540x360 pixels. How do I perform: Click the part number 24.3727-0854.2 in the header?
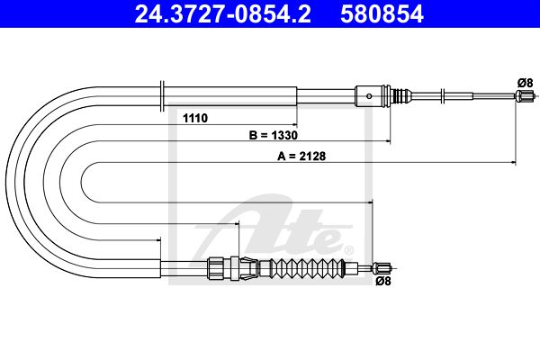coord(222,13)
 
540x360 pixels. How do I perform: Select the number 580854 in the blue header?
coord(382,13)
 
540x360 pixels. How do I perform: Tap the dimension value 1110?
coord(195,118)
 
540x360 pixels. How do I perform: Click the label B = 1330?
coord(273,135)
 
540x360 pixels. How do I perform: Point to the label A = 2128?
coord(301,156)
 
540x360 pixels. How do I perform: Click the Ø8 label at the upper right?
coord(525,83)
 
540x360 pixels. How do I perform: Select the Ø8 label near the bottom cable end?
coord(383,281)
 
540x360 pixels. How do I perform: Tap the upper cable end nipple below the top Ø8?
coord(524,95)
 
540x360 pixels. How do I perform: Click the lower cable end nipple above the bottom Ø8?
coord(382,267)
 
